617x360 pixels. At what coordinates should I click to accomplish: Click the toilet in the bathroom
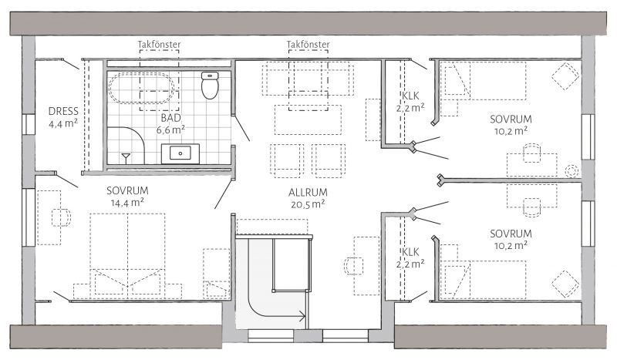click(x=209, y=85)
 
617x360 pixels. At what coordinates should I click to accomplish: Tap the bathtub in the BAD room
click(x=141, y=88)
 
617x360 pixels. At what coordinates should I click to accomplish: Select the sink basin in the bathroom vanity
click(x=180, y=153)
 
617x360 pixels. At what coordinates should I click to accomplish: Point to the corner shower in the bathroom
click(x=126, y=145)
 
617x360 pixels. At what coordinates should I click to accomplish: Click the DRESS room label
click(x=63, y=111)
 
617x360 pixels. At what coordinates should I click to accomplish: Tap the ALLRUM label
click(x=308, y=193)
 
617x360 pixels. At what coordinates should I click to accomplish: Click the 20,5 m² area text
click(x=308, y=204)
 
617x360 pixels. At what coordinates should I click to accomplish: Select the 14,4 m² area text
click(x=127, y=203)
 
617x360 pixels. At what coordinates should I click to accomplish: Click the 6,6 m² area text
click(x=170, y=130)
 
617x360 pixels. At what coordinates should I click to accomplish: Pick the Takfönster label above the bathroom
click(x=159, y=45)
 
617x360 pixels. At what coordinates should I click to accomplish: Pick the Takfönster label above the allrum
click(x=308, y=45)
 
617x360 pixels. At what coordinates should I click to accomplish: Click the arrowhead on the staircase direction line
click(x=303, y=316)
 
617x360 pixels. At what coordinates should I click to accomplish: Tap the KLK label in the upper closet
click(x=410, y=96)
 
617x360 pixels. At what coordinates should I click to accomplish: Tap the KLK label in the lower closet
click(x=410, y=252)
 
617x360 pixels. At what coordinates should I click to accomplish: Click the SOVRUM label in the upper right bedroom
click(x=511, y=119)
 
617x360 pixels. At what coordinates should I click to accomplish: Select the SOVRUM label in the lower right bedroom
click(x=511, y=234)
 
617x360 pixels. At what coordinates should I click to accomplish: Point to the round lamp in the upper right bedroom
click(x=571, y=171)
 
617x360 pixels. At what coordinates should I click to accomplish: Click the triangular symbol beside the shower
click(x=126, y=157)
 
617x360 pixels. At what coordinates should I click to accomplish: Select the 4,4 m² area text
click(x=63, y=123)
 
